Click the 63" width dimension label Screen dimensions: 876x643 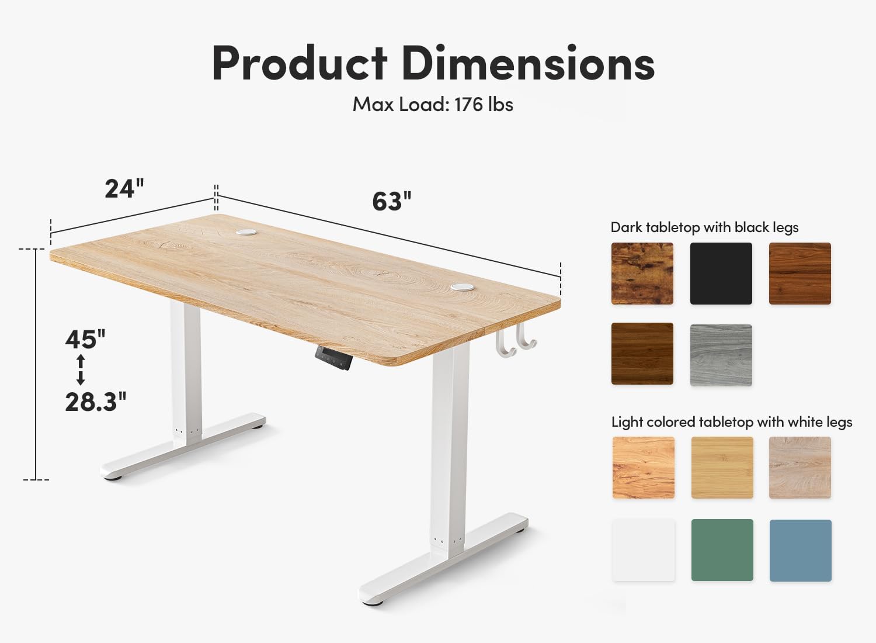[x=392, y=201]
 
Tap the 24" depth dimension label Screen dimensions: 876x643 [x=124, y=189]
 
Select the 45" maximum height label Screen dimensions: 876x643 [x=85, y=339]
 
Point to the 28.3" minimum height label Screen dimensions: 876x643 [x=96, y=402]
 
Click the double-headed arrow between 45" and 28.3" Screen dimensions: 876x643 [x=81, y=370]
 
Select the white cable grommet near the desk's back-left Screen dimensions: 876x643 [x=246, y=232]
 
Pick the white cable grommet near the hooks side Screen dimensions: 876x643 [x=463, y=287]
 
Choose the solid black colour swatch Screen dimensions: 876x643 [x=721, y=274]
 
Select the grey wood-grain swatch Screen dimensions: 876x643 [x=721, y=355]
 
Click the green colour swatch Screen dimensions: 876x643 [x=722, y=550]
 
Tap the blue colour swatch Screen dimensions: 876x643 [x=801, y=550]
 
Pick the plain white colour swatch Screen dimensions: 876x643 [x=644, y=550]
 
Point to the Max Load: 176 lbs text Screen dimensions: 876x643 [x=433, y=105]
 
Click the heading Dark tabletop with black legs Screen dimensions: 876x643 [x=704, y=227]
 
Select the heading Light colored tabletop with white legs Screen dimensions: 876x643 [x=732, y=422]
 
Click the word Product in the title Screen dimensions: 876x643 [x=300, y=63]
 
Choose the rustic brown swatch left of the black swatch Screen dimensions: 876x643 [x=642, y=274]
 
